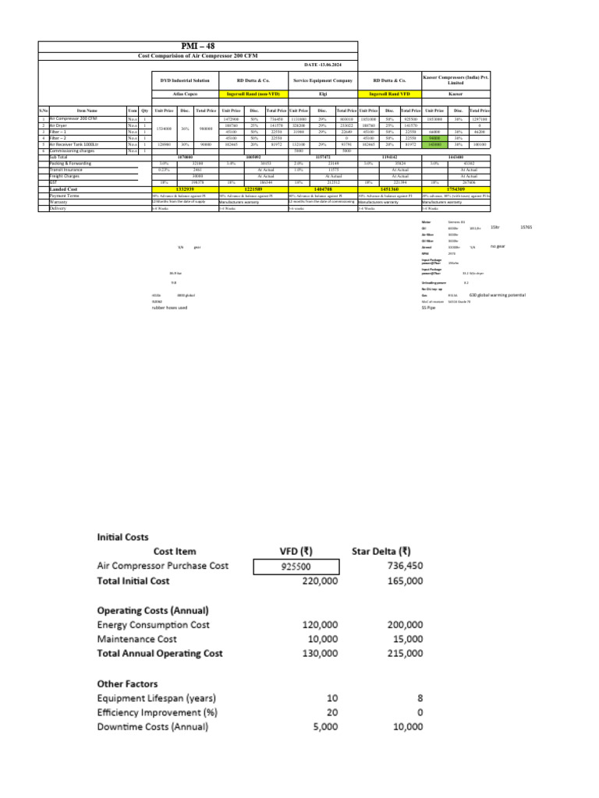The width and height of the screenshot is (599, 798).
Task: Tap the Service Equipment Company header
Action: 323,80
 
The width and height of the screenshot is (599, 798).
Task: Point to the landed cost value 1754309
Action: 456,189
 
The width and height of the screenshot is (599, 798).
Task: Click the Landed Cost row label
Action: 64,189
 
